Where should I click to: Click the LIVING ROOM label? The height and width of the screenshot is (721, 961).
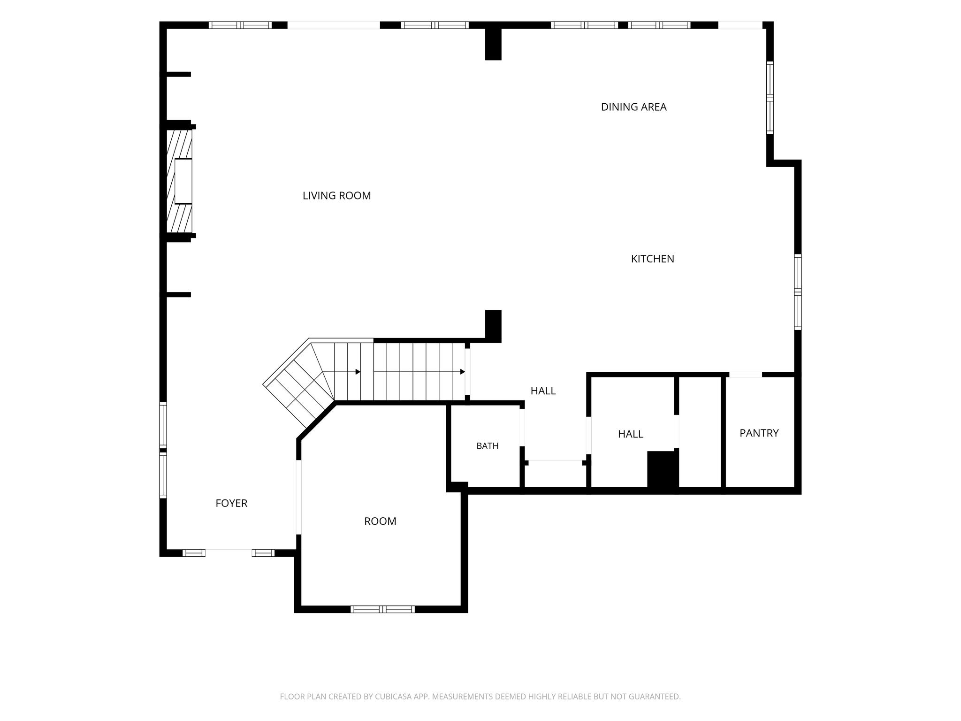pos(336,196)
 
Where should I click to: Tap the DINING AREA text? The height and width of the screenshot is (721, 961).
pos(633,107)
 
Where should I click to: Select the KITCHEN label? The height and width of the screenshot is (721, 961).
pos(652,259)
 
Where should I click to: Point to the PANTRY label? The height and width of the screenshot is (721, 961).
pos(759,433)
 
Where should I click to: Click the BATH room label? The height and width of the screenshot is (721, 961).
pos(487,446)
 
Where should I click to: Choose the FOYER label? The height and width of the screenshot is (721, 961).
pos(231,503)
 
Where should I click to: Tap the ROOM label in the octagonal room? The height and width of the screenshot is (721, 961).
pos(380,521)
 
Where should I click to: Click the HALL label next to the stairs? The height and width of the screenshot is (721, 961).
pos(543,391)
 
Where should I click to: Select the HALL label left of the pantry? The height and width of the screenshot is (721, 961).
pos(630,434)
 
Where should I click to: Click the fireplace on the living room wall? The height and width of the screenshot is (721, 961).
pos(180,181)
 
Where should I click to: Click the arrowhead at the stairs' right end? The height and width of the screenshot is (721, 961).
pos(462,372)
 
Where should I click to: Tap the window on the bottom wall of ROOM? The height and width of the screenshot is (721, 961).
pos(382,609)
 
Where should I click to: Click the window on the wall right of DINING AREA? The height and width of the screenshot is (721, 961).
pos(770,98)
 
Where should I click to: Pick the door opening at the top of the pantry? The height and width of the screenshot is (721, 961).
pos(745,375)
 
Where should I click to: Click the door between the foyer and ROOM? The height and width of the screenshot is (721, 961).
pos(298,497)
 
